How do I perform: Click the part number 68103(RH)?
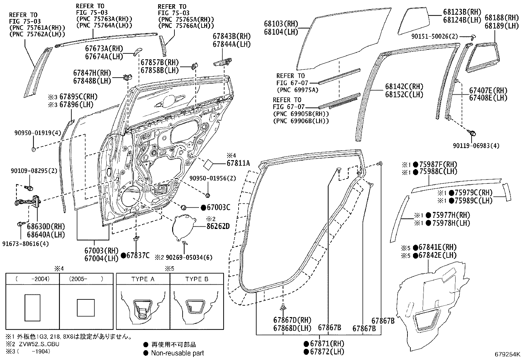point(281,24)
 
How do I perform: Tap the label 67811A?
point(238,163)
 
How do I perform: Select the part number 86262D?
point(218,226)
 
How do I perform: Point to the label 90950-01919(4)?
point(38,133)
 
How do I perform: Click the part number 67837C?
point(138,256)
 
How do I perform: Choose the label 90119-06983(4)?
point(476,146)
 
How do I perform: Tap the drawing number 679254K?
point(507,354)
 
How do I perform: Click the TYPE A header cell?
point(143,279)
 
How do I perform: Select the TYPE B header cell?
point(197,279)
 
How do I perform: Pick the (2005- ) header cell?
point(86,279)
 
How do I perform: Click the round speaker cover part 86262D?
point(184,227)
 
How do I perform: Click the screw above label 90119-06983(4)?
point(472,133)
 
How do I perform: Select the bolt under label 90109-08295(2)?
point(29,187)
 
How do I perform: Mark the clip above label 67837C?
point(136,238)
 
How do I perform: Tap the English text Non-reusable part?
point(177,353)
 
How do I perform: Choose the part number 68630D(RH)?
point(46,227)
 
